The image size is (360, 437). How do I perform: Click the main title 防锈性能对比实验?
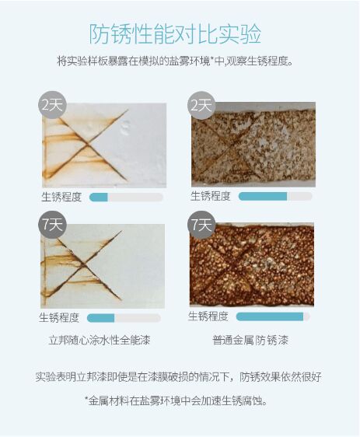[175, 34]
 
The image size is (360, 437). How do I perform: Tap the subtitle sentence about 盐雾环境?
[175, 61]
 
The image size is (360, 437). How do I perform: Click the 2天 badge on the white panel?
[52, 105]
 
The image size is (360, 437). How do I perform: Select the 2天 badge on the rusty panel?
[201, 105]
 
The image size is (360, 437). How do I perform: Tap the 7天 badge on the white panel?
[52, 224]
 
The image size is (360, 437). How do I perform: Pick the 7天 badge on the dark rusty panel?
[201, 225]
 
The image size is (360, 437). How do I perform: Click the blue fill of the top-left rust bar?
[99, 197]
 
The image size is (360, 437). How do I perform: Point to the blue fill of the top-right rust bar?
[263, 196]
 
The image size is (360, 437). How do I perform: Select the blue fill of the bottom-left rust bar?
[101, 318]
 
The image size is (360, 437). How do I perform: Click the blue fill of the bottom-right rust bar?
[270, 316]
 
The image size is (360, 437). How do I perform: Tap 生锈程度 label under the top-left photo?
[61, 197]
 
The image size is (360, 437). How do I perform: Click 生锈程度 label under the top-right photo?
[211, 196]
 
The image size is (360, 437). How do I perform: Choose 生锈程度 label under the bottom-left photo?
[59, 318]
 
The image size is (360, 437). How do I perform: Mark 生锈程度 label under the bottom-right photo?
[208, 316]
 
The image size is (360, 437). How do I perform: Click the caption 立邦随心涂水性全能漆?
[100, 341]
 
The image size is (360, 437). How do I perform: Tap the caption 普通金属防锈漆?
[250, 341]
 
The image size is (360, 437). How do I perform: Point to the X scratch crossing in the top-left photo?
[89, 144]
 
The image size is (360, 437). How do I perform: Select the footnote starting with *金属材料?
[176, 401]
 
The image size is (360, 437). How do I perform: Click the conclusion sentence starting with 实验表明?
[178, 377]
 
